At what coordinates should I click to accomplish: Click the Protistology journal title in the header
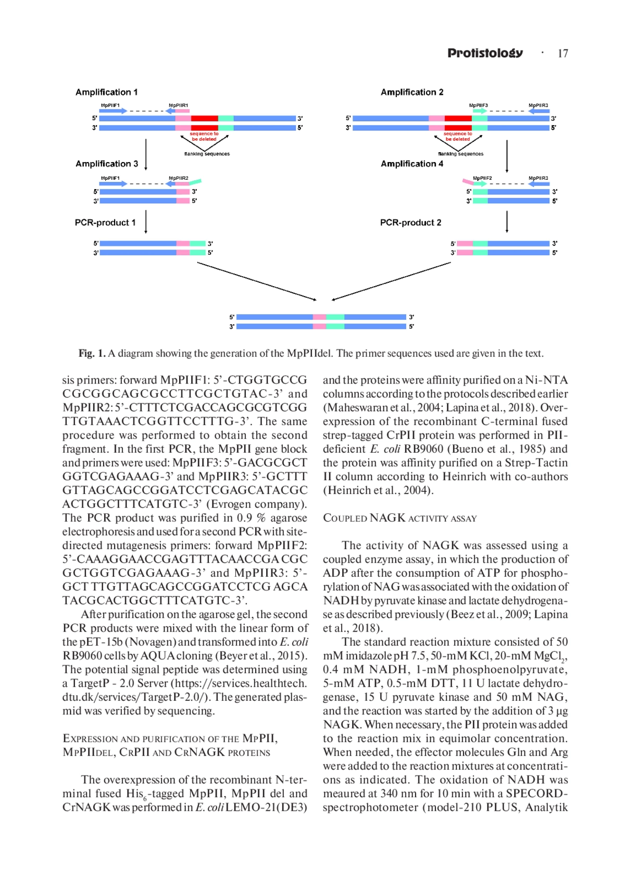pos(485,53)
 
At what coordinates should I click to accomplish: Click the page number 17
pos(562,54)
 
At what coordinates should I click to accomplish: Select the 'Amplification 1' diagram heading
pos(106,92)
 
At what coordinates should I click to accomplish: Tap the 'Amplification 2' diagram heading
pos(412,92)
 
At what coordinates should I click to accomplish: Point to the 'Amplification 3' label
pos(107,164)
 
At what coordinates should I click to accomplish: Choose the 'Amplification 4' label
pos(412,164)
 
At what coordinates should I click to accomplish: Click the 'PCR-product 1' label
pos(105,222)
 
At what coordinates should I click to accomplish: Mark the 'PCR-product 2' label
pos(410,222)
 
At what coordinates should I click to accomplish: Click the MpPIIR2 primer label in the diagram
pos(178,178)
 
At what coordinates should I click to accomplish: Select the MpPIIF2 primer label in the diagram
pos(482,178)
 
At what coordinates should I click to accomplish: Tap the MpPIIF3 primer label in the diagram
pos(478,105)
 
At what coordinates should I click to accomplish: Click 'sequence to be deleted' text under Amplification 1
pos(204,137)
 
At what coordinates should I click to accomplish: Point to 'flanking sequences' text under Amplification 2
pos(460,154)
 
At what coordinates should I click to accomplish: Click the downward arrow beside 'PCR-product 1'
pos(146,221)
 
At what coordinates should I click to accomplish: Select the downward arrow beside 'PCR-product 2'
pos(507,221)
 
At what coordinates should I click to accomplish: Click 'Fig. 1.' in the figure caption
pos(92,353)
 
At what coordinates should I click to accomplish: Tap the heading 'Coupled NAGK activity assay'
pos(399,518)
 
